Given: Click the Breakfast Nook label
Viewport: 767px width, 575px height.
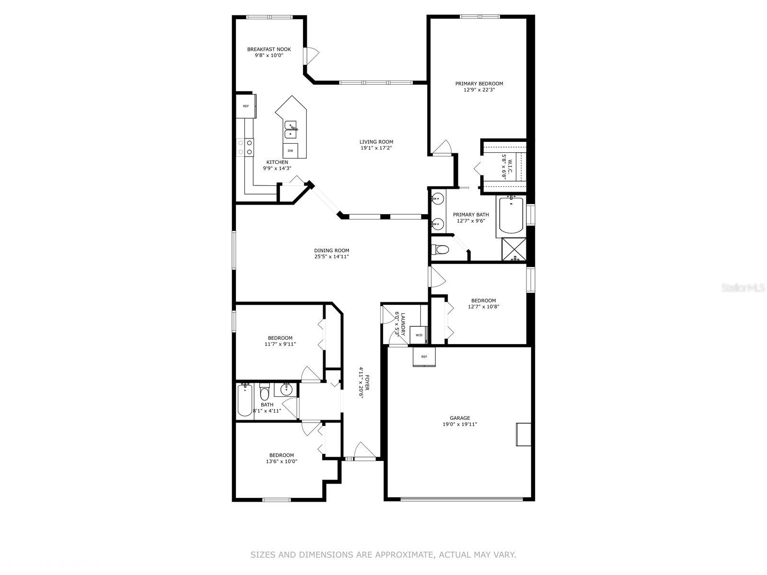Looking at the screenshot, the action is [269, 49].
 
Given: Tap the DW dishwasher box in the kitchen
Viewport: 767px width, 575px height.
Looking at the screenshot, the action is [291, 150].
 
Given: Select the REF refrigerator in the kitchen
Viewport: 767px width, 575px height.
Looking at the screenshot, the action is [246, 106].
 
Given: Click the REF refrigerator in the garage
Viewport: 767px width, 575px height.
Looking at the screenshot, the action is [424, 356].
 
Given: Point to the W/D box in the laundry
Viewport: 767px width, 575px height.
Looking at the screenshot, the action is [418, 335].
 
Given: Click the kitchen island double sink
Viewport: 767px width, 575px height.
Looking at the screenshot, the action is [291, 130].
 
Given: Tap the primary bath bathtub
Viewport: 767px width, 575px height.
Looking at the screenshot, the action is [511, 215].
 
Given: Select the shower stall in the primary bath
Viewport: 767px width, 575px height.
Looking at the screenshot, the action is [514, 249].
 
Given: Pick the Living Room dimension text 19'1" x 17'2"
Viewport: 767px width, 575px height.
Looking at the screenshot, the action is [376, 148].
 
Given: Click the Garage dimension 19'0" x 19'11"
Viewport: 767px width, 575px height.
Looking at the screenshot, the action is [460, 424].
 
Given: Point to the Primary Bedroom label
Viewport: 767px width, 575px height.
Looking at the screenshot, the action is [479, 84].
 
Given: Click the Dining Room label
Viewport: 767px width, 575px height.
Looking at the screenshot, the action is [332, 251].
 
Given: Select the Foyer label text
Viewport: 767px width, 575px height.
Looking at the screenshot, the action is [367, 383].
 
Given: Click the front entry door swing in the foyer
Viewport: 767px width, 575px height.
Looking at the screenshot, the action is [364, 450].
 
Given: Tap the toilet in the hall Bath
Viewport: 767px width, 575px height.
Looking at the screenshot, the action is [265, 392].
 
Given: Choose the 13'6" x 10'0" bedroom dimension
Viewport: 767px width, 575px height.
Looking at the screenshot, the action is [281, 461].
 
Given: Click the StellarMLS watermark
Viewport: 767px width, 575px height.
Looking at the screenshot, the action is [743, 288].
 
